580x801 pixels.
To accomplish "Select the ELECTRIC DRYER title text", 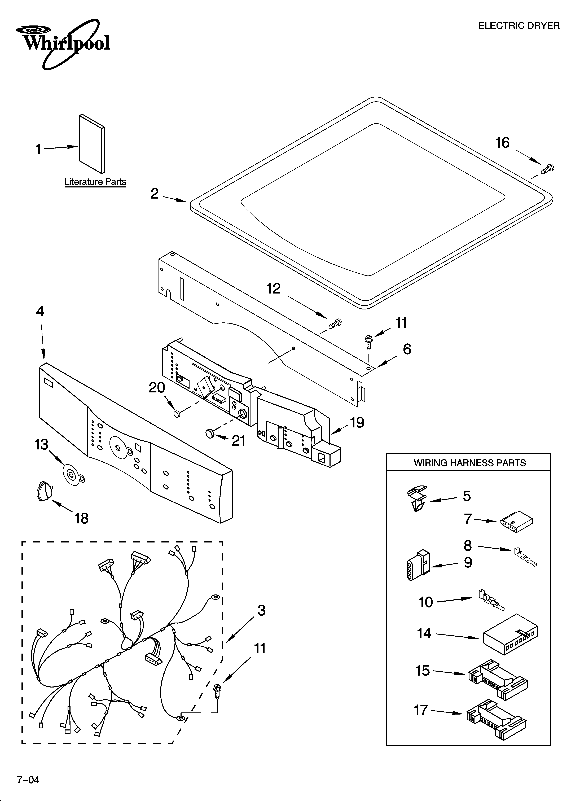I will [519, 26].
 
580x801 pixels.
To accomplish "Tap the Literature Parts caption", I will [95, 182].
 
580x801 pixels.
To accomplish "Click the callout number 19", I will [357, 422].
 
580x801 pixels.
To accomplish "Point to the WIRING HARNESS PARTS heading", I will [469, 463].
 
